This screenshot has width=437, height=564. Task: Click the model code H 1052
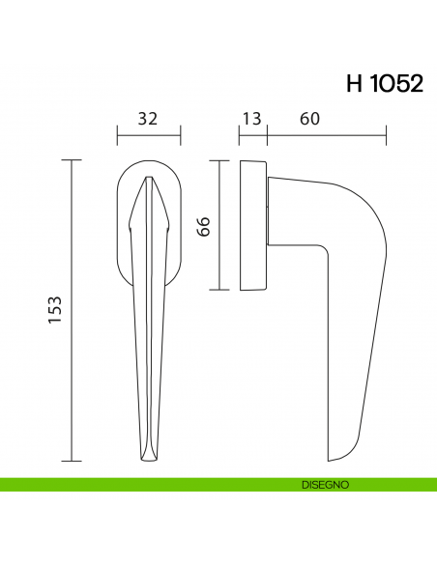(x=384, y=83)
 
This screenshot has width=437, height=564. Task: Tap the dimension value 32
(x=148, y=120)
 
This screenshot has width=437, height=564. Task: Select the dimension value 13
(x=252, y=120)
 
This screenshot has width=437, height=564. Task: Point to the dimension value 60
(x=310, y=120)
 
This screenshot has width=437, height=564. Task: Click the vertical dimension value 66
(x=203, y=227)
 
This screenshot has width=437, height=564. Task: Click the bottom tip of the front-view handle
(x=148, y=459)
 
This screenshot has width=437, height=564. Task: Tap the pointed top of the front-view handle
(x=148, y=180)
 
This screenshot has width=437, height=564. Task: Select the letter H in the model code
(x=353, y=83)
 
